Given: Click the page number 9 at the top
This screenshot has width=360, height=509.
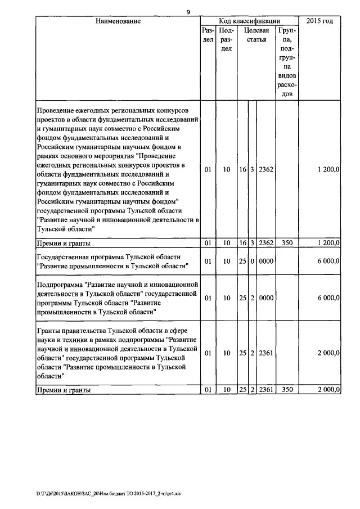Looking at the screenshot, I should [x=188, y=12].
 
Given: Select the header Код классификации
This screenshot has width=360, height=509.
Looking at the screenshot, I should [x=249, y=21].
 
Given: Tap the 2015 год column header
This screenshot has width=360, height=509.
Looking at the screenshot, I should [x=319, y=21].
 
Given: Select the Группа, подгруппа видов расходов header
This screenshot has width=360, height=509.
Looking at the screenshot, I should [x=287, y=62].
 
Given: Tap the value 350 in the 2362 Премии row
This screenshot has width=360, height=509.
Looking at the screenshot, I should [x=287, y=243].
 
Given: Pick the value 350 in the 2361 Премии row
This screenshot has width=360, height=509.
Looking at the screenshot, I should [x=287, y=389].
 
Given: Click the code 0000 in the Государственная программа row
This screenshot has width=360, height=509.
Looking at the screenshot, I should [x=265, y=261].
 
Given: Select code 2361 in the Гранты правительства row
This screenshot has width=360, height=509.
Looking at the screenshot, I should [x=265, y=353].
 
